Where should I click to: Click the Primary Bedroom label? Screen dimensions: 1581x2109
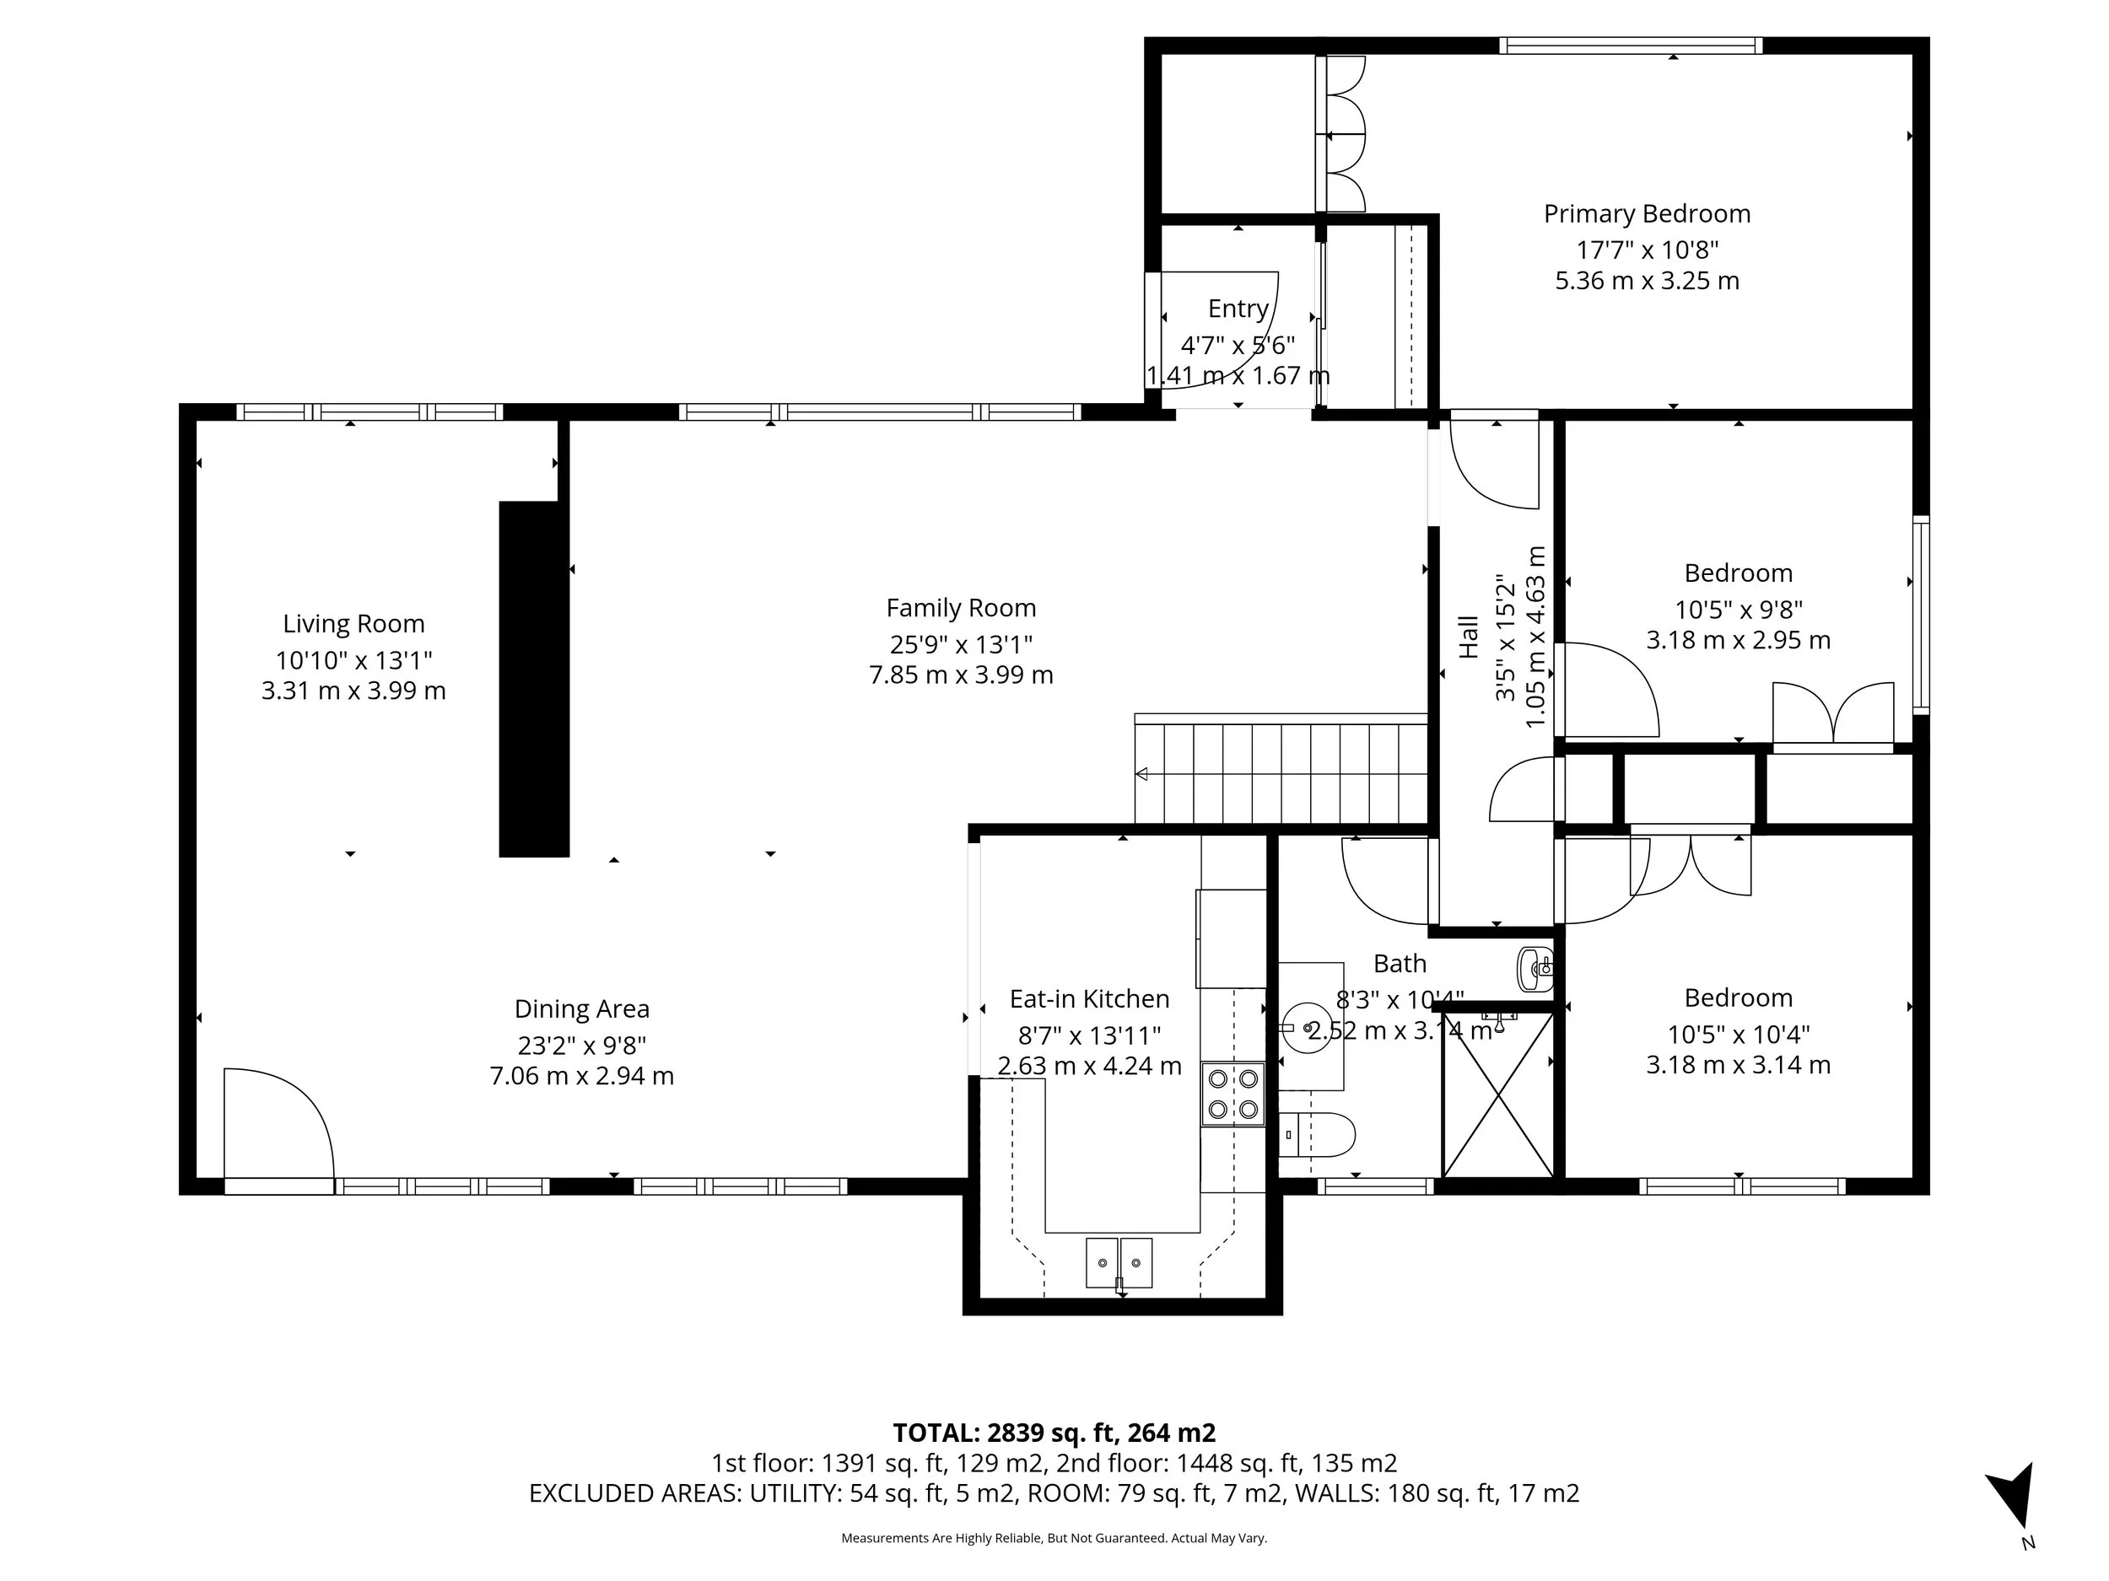[x=1647, y=213]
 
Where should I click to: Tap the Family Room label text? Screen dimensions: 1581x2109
[x=960, y=608]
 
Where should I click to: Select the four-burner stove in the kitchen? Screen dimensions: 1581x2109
[x=1232, y=1094]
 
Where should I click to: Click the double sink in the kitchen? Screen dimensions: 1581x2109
[x=1119, y=1263]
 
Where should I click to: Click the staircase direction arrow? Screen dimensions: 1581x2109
[x=1141, y=774]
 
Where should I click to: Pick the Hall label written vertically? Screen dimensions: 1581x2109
[x=1470, y=637]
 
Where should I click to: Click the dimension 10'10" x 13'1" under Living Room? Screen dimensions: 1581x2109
[x=353, y=659]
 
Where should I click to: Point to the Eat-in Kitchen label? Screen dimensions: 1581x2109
[x=1089, y=998]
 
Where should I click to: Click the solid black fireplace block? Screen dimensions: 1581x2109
[x=533, y=679]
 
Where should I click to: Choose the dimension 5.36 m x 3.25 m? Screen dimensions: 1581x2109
[x=1647, y=281]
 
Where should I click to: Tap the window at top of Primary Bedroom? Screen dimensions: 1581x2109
[x=1631, y=45]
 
